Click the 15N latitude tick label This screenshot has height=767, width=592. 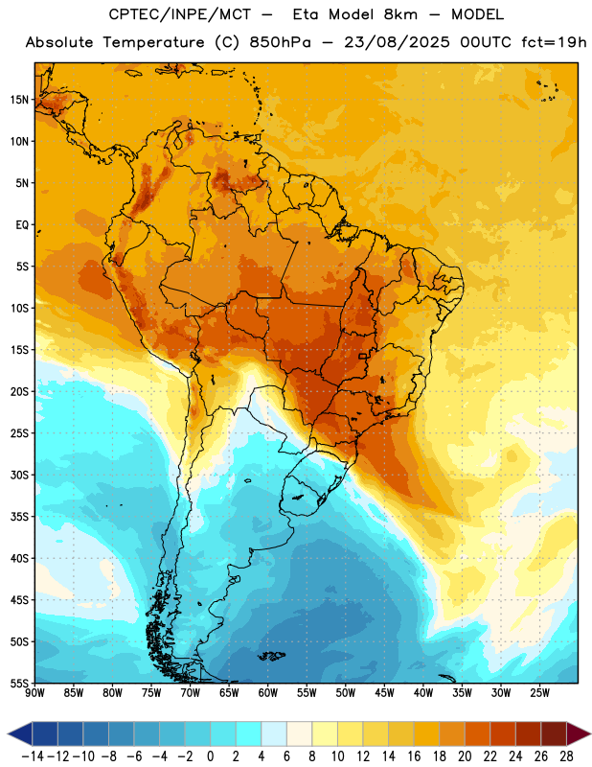coord(19,100)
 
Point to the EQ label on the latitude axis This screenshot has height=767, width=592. coord(22,225)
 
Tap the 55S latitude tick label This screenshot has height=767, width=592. coord(19,683)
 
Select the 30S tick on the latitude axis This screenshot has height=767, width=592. coord(19,475)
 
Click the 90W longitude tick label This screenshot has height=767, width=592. coord(34,692)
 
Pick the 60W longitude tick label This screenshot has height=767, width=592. coord(268,692)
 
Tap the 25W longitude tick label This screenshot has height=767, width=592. coord(539,692)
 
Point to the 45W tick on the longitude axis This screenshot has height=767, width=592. coord(384,692)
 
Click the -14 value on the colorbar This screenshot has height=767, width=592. coord(33,756)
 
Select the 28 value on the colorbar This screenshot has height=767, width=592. coord(566,756)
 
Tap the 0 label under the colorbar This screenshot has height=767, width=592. coord(210,756)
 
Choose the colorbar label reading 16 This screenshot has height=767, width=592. coord(414,756)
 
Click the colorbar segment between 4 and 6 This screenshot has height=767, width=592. coord(274,733)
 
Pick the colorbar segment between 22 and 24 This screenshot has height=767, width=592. coord(503,733)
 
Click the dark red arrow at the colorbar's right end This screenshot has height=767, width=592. coord(579,733)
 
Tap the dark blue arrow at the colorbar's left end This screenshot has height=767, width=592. coord(20,733)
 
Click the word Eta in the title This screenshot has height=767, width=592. coord(306,14)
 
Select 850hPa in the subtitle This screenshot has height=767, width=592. coord(280,42)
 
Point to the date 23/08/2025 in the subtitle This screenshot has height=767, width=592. coord(397,42)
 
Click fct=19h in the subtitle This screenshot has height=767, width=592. coord(554,42)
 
